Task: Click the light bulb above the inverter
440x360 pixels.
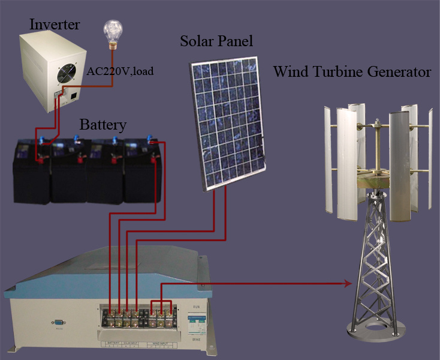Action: tap(113, 31)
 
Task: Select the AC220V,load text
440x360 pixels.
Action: tap(120, 71)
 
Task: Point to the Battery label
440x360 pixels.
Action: tap(103, 125)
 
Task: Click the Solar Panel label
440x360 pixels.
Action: tap(216, 41)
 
